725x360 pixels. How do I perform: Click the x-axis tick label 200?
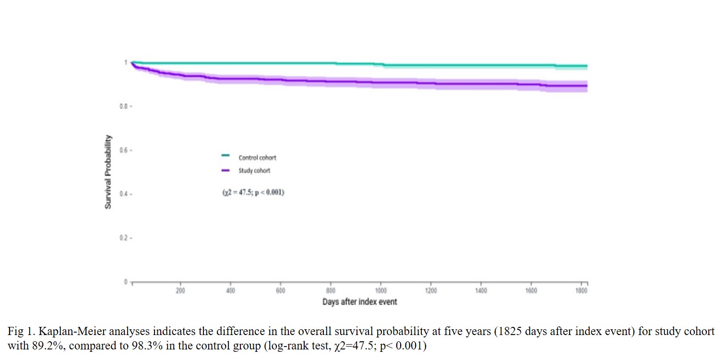tap(180, 291)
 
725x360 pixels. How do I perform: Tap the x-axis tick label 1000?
tap(381, 291)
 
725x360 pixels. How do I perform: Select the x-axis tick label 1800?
tap(581, 291)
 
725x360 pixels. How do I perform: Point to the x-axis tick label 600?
tap(281, 291)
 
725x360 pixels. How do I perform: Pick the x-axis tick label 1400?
tap(481, 291)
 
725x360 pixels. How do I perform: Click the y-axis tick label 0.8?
tap(123, 106)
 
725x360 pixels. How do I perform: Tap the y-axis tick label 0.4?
tap(123, 194)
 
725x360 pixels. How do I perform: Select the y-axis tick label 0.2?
tap(123, 238)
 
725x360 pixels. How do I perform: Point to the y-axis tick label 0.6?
tap(123, 150)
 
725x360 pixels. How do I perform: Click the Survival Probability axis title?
tap(108, 172)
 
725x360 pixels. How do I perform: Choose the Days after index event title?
tap(359, 302)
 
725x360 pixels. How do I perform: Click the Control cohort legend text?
tap(257, 157)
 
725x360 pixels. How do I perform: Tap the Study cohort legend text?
tap(254, 170)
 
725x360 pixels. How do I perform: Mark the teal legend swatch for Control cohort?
tap(225, 156)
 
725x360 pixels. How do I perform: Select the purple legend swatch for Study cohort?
tap(225, 169)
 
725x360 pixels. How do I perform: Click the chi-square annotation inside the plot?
tap(253, 193)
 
